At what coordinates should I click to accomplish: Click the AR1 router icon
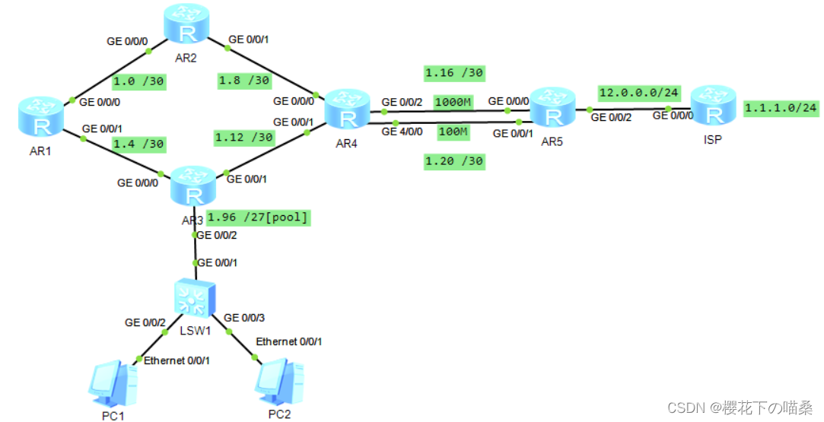[41, 119]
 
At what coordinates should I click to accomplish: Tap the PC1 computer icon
[113, 384]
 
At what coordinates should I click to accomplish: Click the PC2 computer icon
[279, 382]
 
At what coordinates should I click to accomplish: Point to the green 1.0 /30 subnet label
[139, 81]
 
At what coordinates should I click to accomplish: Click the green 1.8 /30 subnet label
[244, 81]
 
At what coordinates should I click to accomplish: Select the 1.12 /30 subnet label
[244, 138]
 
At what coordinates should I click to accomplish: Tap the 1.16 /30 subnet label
[454, 73]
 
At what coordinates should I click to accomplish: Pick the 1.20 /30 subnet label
[454, 161]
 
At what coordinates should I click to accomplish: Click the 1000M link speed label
[453, 102]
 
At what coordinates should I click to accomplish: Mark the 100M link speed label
[453, 132]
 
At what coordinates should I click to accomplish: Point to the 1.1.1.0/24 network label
[781, 108]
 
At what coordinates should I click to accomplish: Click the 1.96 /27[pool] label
[258, 217]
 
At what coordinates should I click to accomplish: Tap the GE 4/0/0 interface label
[402, 132]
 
